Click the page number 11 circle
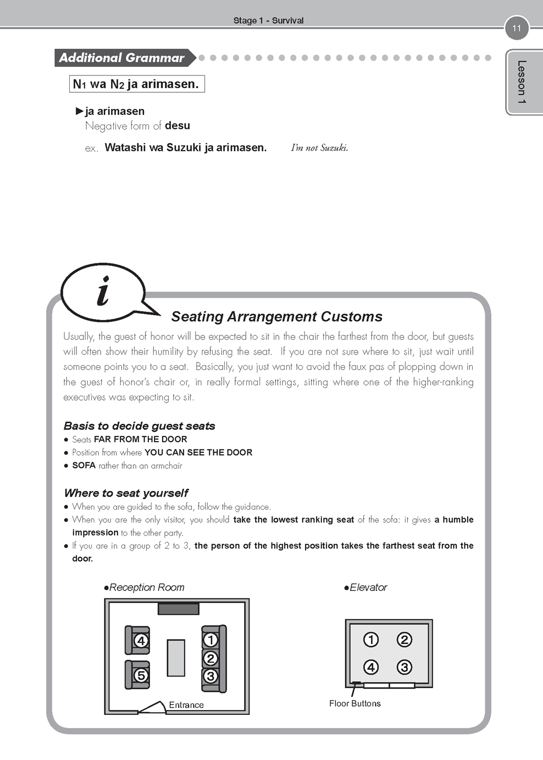(517, 28)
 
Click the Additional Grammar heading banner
(123, 58)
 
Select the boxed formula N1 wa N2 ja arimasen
(136, 84)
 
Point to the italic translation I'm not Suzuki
(319, 148)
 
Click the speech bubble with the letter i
(103, 292)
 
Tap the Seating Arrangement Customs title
(277, 317)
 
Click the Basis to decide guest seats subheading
(139, 426)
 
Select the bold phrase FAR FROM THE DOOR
(140, 440)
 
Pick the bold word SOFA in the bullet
(84, 466)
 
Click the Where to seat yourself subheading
(126, 493)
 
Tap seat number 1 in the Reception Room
(211, 640)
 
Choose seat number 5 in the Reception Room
(140, 676)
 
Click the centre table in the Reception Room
(176, 658)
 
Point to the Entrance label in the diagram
(186, 705)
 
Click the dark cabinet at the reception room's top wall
(178, 609)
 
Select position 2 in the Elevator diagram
(404, 640)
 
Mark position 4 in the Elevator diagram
(371, 667)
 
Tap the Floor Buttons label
(355, 703)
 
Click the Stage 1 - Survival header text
(268, 20)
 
